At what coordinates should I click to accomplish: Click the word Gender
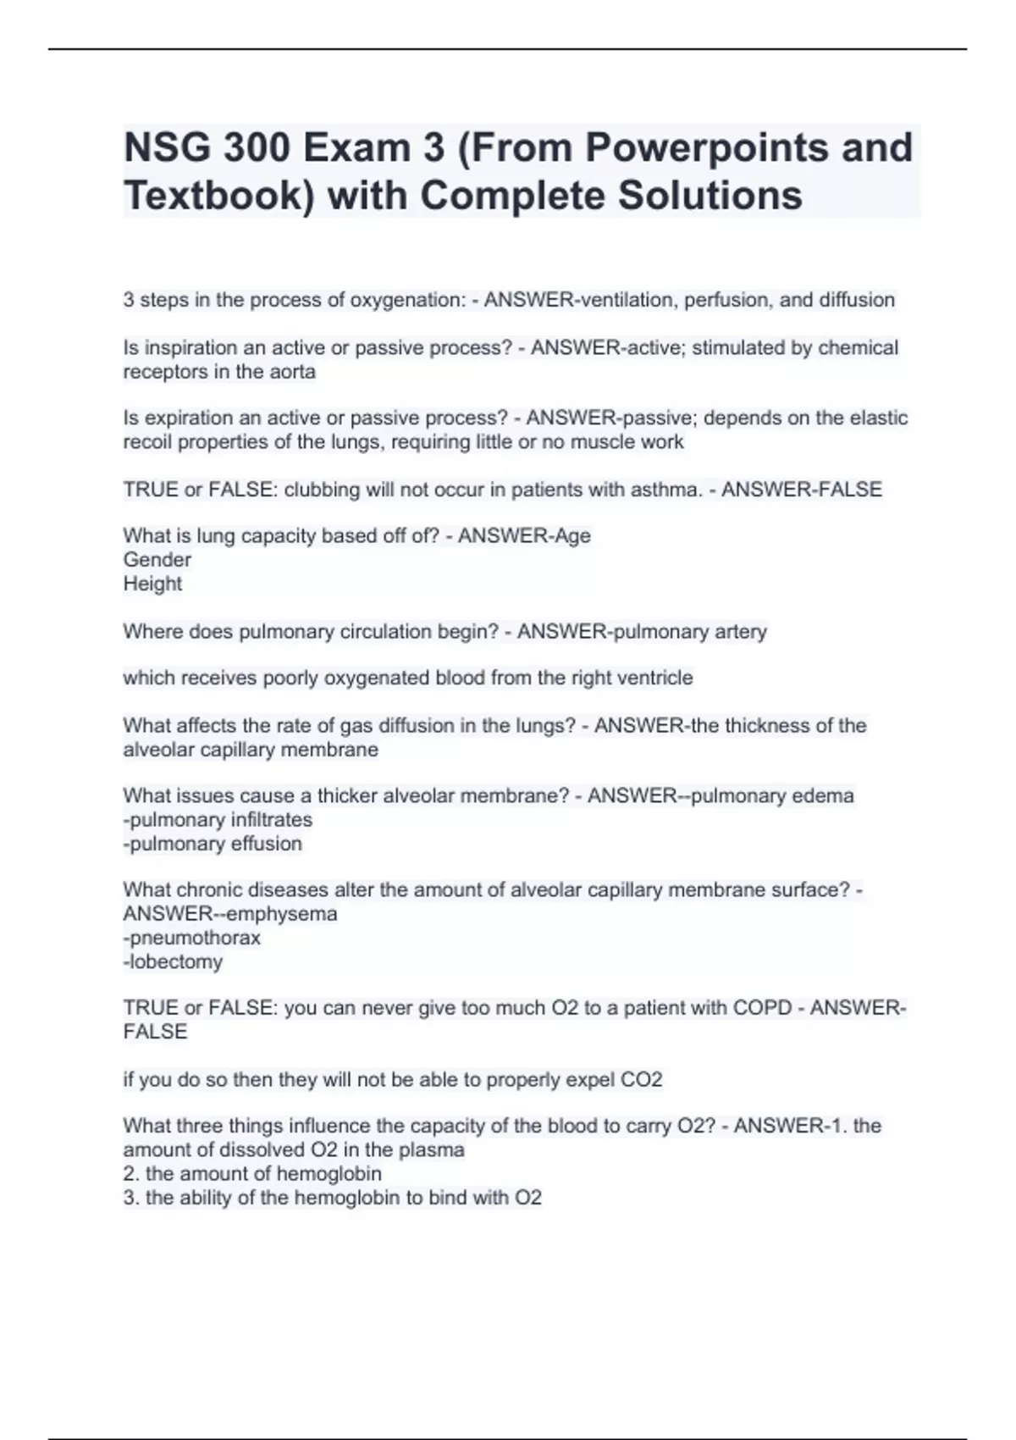pos(157,560)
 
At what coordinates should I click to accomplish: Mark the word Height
pos(152,584)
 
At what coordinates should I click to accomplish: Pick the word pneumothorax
pos(195,938)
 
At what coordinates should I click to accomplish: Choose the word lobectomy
pos(175,961)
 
